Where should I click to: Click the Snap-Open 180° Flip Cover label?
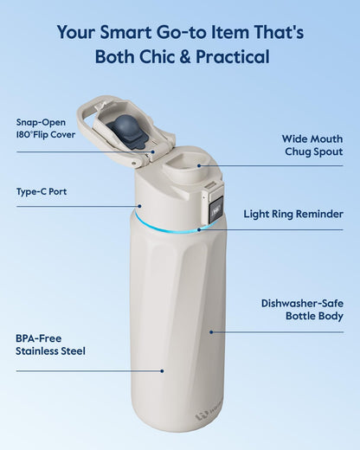45,128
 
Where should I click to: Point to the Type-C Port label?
41,191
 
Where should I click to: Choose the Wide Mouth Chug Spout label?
312,145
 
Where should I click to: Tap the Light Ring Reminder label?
293,214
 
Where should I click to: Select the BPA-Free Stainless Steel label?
50,344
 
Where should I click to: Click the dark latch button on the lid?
215,206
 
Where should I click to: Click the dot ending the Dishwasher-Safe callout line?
209,330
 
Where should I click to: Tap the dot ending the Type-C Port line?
138,206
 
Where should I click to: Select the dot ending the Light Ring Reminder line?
198,230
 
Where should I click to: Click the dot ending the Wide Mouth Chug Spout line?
197,165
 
